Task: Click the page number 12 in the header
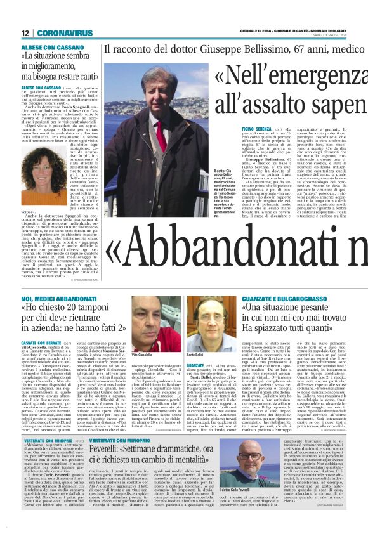[x=25, y=32]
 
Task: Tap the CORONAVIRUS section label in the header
[x=65, y=32]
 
